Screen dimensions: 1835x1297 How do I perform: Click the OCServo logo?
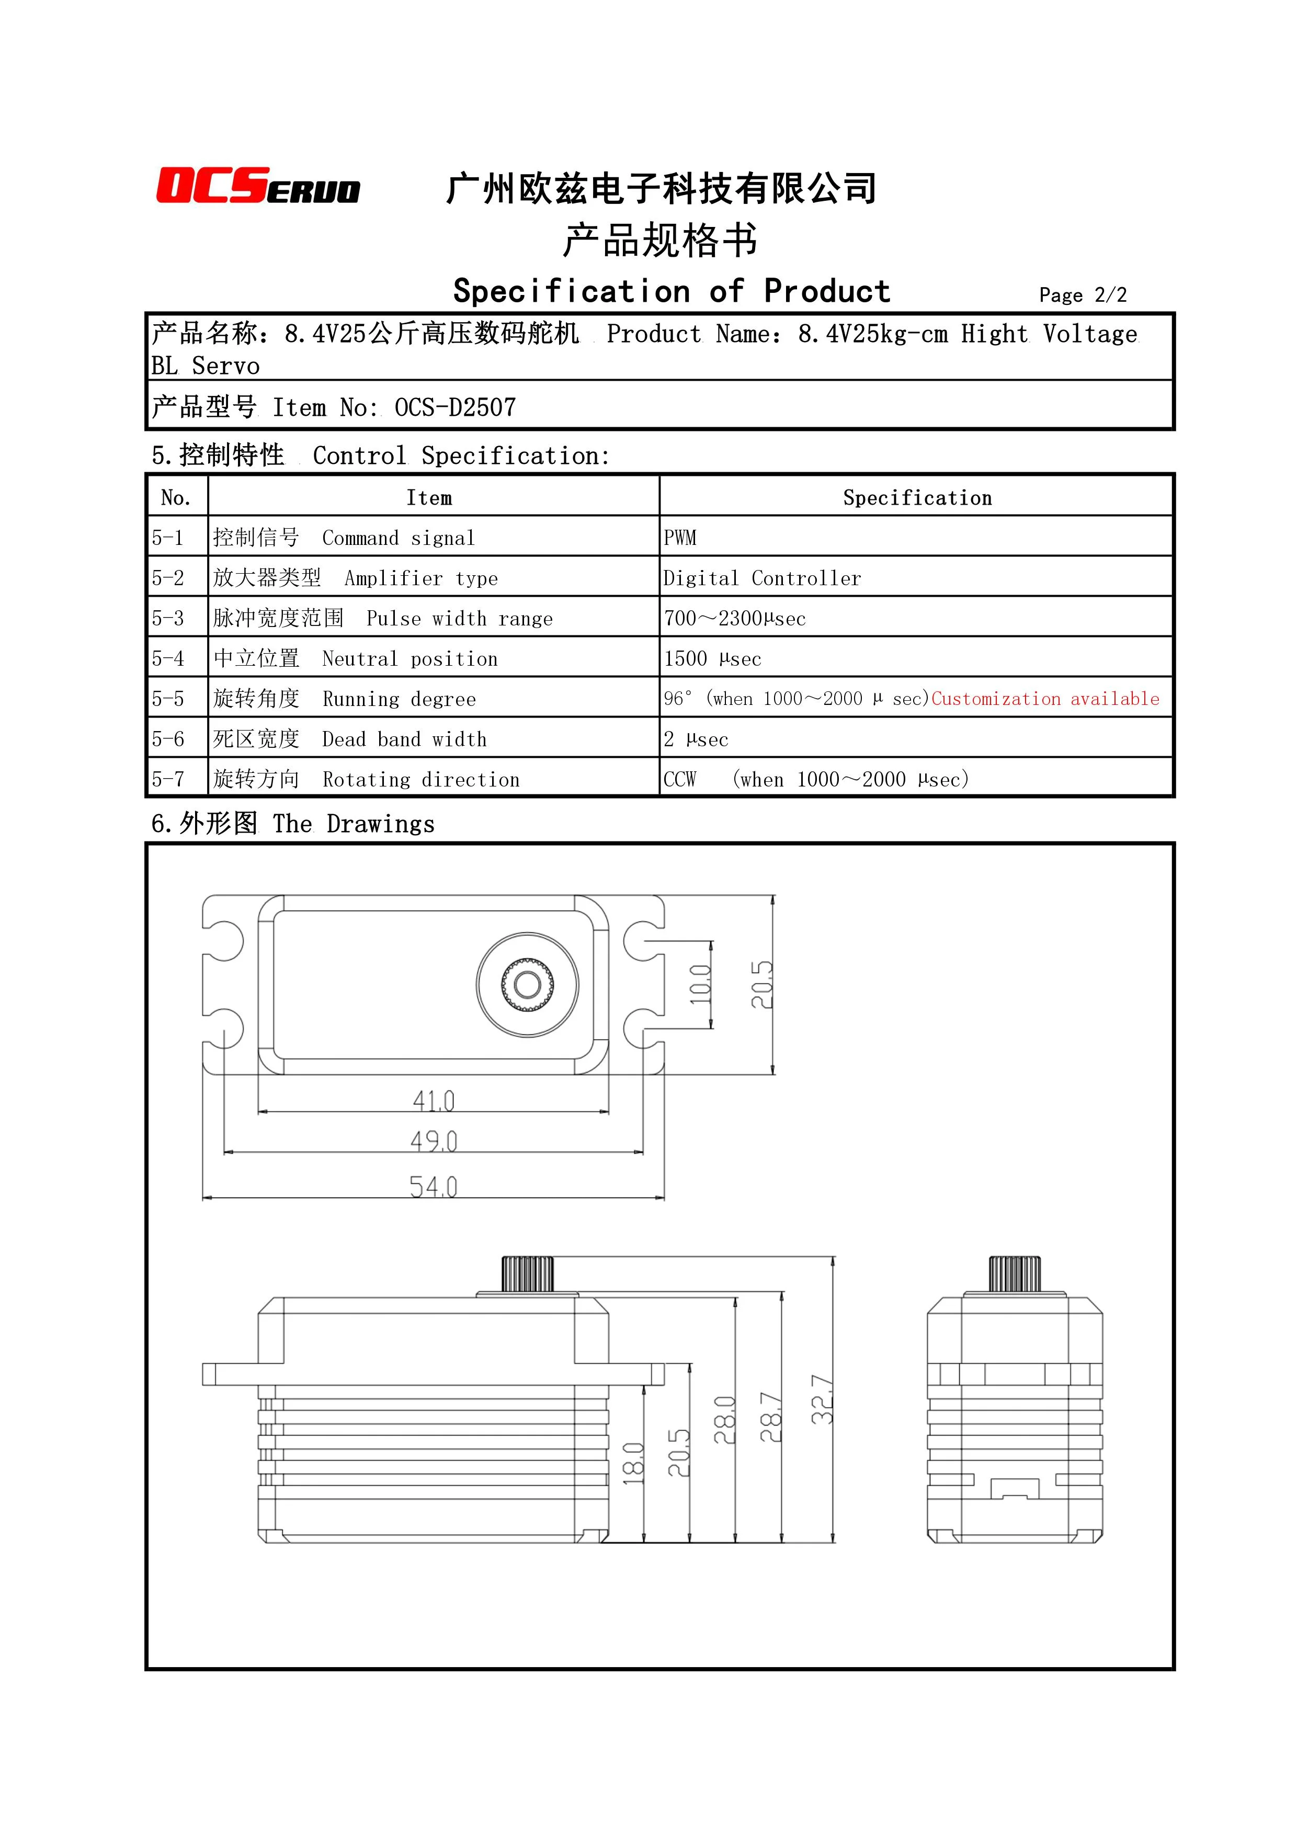(x=257, y=186)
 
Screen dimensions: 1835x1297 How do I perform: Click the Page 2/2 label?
(x=1082, y=295)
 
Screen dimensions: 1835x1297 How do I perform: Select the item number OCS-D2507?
(x=454, y=407)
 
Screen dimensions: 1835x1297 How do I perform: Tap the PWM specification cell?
(x=680, y=538)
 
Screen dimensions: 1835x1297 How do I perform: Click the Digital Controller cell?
(x=761, y=578)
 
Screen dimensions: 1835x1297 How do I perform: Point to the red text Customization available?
(x=1044, y=699)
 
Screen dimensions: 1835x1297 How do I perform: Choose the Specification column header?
(x=917, y=498)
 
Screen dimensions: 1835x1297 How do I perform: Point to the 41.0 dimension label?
(x=433, y=1100)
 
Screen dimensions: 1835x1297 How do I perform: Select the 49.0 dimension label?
(x=433, y=1141)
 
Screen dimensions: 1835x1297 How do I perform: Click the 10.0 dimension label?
(x=700, y=985)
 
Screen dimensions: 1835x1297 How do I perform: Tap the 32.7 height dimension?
(x=822, y=1399)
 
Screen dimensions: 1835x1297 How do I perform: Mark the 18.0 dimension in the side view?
(x=633, y=1463)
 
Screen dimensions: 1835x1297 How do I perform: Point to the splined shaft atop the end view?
(x=1014, y=1274)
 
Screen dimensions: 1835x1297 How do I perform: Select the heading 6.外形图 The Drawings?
(x=292, y=823)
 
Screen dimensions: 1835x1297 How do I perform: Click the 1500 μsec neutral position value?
(x=712, y=658)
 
